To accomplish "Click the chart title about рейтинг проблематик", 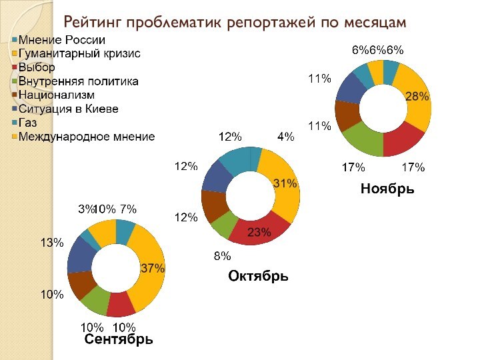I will (x=235, y=22).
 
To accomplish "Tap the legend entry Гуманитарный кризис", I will (x=79, y=54).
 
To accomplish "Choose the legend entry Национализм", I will (x=57, y=95).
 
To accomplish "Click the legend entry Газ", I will (x=28, y=123).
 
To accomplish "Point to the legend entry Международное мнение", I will (x=87, y=137).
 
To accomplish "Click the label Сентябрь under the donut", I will (x=119, y=339).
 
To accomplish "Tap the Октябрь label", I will (x=258, y=275).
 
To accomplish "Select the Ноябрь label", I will (x=387, y=189).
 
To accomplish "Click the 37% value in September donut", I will (x=152, y=268).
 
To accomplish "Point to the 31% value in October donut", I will (x=285, y=183).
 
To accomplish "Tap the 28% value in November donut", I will (x=417, y=97).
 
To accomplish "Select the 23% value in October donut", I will (x=259, y=232).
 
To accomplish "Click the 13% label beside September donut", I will (x=51, y=243).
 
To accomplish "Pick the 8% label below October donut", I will (x=222, y=256).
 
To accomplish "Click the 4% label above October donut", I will (x=285, y=137).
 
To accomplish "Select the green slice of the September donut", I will (x=95, y=302).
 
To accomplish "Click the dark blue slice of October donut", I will (x=215, y=175).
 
